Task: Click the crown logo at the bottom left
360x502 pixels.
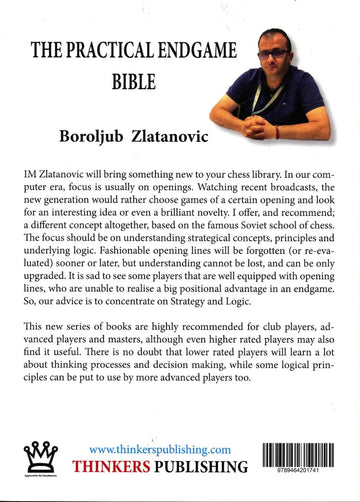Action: (41, 461)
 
